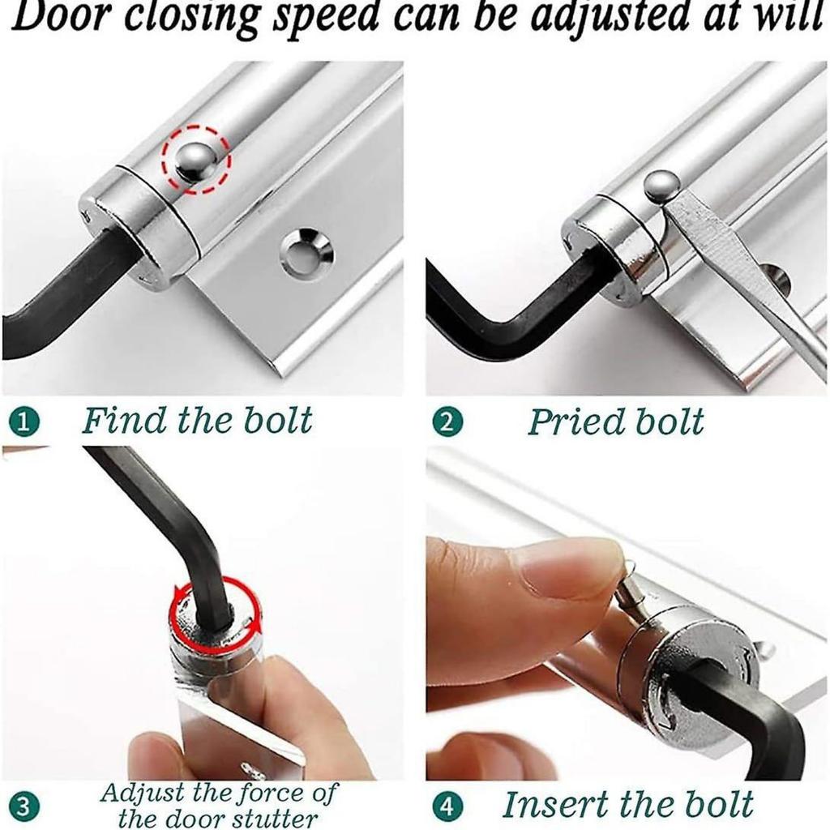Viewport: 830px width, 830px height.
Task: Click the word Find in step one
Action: (123, 421)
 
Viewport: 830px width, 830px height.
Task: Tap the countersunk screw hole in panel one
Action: (306, 253)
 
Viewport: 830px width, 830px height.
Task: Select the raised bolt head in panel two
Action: (662, 185)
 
